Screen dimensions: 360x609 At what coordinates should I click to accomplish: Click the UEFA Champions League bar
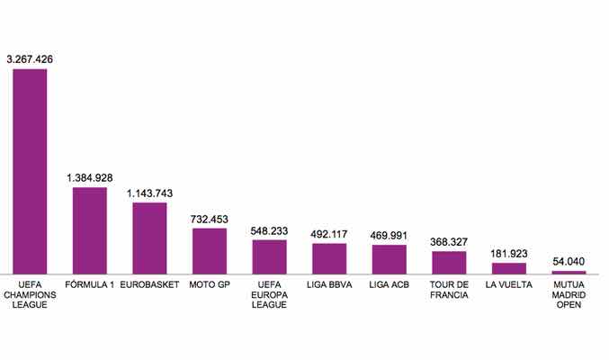(30, 171)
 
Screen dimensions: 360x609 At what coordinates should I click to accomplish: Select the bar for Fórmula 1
(90, 230)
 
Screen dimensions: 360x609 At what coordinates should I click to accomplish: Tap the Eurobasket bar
(150, 238)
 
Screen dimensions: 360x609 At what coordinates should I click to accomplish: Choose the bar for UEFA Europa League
(269, 256)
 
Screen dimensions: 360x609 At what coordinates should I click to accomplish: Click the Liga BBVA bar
(329, 258)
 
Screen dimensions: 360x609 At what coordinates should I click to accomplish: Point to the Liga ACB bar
(390, 259)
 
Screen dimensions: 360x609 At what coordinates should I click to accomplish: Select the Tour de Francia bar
(449, 262)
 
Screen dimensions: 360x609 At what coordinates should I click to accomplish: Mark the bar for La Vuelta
(509, 268)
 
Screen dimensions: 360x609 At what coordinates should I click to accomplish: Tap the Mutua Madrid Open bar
(569, 272)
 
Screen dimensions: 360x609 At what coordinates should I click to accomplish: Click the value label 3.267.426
(30, 59)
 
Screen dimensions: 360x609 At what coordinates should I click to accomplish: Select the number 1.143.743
(150, 193)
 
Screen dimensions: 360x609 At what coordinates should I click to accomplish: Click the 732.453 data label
(210, 219)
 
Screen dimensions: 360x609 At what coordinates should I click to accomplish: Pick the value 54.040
(569, 262)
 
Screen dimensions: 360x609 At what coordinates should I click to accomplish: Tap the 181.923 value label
(509, 254)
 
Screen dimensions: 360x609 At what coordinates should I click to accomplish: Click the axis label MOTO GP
(210, 285)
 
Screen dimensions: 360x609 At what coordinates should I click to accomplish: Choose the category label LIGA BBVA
(329, 285)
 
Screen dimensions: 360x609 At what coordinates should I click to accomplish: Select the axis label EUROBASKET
(150, 285)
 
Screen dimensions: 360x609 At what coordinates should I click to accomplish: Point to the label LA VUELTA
(509, 285)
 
